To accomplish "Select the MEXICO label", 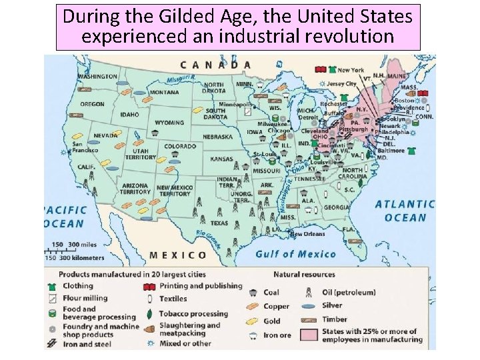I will coord(178,255).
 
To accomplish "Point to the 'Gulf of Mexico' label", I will coord(295,253).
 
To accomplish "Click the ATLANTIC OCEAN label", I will coord(404,211).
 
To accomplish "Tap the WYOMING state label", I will coord(169,123).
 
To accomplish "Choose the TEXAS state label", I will coord(219,223).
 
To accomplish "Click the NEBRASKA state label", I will coord(217,137).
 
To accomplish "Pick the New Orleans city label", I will coord(307,234).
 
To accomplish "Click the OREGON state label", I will coord(92,104).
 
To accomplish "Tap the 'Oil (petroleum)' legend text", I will coord(348,292).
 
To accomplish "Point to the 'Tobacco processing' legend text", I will coord(193,313).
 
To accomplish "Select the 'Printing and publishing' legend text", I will coord(201,285).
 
